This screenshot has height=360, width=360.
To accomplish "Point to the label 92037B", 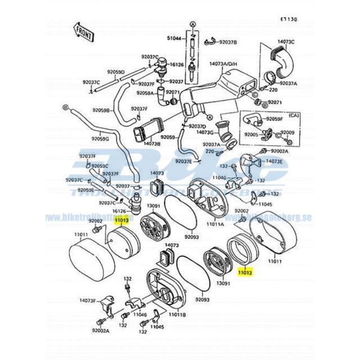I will point(228,42).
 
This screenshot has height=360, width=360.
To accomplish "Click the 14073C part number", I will point(287,42).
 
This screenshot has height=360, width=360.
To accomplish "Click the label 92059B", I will point(101,110).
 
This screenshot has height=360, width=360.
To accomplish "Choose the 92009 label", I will point(287,132).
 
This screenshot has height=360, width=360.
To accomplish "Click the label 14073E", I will point(274,161).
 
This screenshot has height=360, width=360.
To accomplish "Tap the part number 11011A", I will point(215,223).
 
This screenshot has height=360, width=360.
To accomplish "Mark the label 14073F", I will point(88,301).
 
